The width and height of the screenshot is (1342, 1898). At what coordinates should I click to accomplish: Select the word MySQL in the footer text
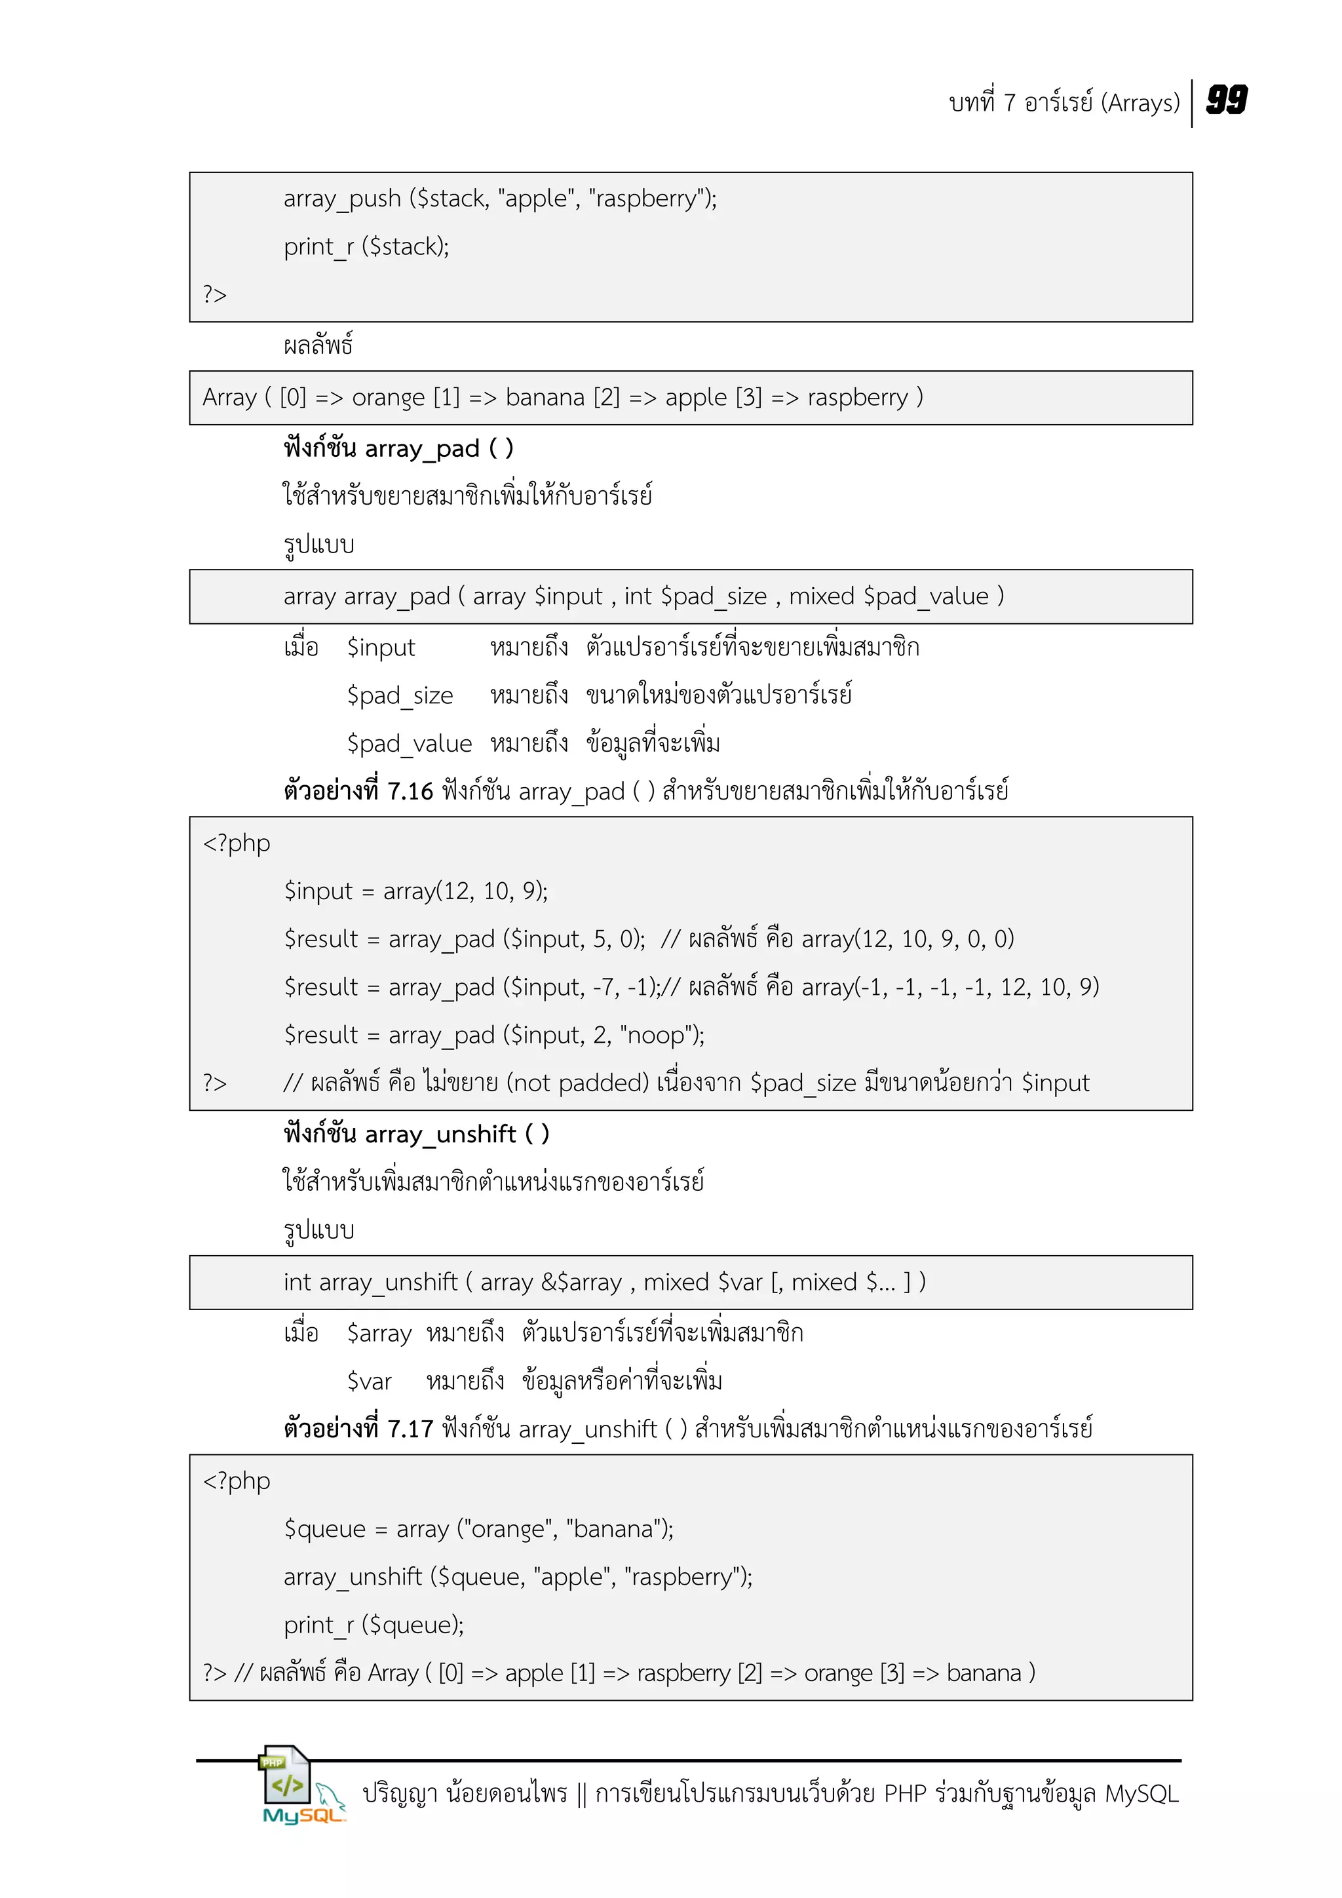[1141, 1794]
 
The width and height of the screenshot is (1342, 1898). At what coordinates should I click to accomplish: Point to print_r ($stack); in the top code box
[366, 247]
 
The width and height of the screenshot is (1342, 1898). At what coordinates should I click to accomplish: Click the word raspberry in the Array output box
[857, 398]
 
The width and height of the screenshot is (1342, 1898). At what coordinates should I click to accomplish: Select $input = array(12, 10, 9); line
[415, 891]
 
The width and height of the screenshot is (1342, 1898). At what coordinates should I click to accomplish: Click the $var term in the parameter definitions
[368, 1382]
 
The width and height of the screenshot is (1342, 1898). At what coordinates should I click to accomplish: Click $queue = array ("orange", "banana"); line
[478, 1529]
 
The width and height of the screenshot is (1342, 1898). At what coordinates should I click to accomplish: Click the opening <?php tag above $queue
[237, 1481]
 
